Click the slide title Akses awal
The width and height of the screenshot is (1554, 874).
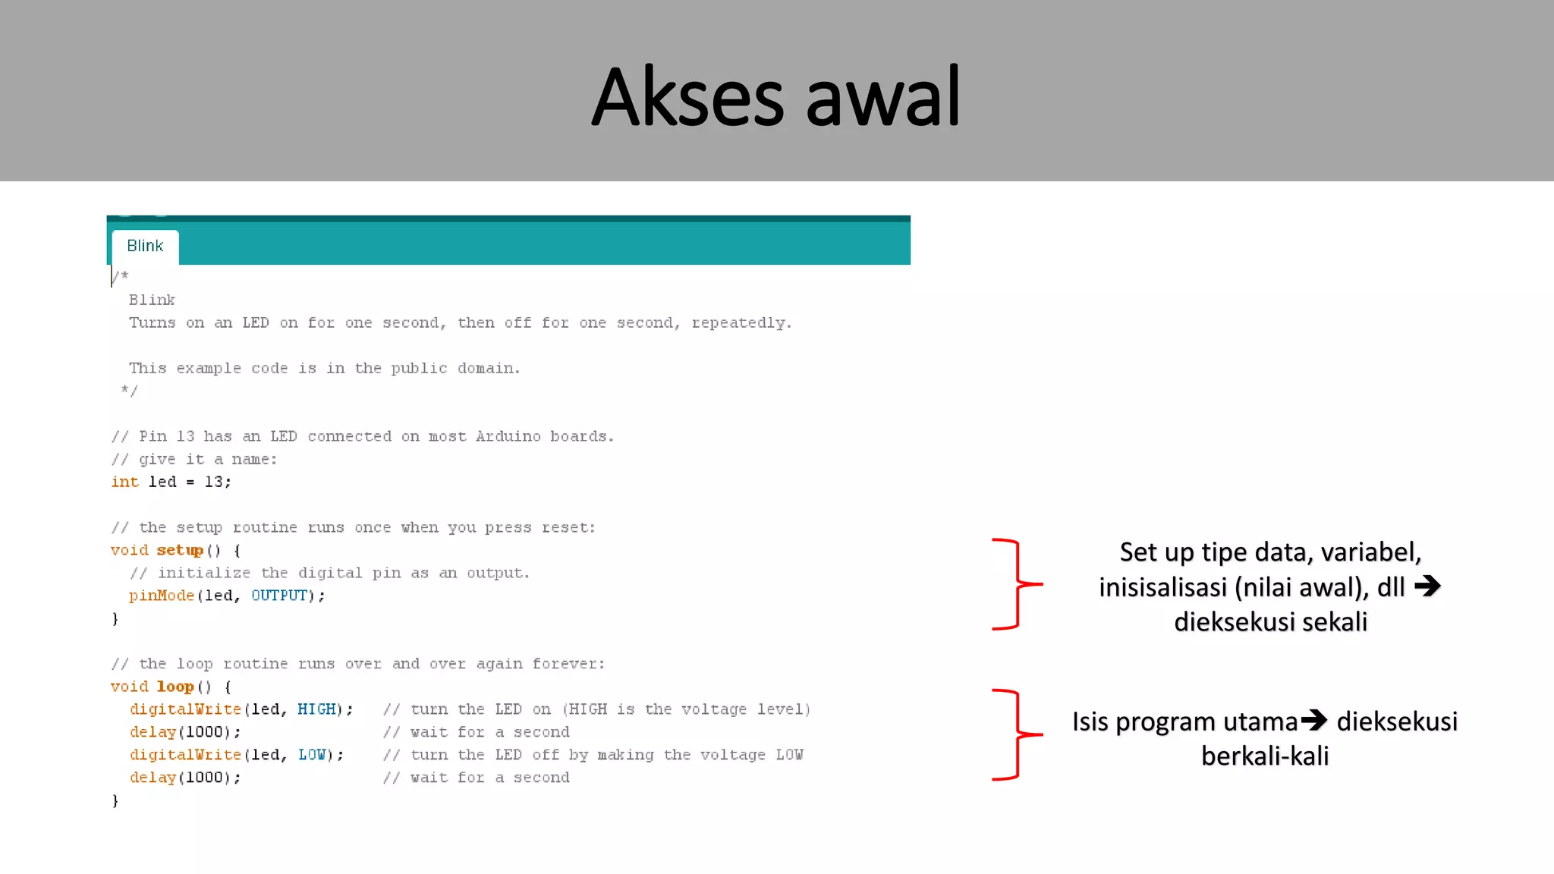(775, 97)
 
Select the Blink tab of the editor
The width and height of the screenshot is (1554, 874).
(145, 246)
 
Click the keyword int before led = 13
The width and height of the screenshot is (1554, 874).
(125, 482)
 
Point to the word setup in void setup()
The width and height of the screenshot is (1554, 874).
(180, 550)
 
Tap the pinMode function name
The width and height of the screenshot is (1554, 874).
(162, 596)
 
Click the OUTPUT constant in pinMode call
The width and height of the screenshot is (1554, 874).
(279, 596)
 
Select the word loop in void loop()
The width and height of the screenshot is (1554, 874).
(175, 687)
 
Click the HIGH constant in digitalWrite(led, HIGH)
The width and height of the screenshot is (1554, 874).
(316, 709)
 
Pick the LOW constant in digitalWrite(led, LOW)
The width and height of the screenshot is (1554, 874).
(312, 755)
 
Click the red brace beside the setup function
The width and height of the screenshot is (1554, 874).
(1017, 584)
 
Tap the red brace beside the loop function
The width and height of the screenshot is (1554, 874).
(1017, 734)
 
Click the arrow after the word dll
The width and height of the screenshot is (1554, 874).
(1427, 586)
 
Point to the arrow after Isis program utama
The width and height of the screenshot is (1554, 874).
(1314, 720)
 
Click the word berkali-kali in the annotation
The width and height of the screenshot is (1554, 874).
(1265, 756)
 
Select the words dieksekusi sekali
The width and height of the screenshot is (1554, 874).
(1270, 622)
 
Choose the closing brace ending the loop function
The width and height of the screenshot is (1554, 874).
(115, 800)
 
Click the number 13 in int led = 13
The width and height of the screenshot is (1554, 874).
(214, 482)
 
